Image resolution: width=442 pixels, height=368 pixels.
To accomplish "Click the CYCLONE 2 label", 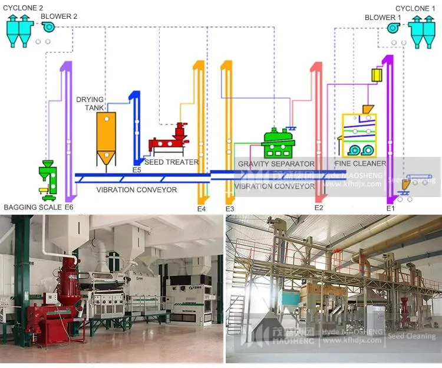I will pyautogui.click(x=23, y=8).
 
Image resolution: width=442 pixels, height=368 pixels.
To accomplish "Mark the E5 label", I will pyautogui.click(x=137, y=170).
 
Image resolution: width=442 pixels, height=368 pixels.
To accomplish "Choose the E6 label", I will pyautogui.click(x=69, y=208).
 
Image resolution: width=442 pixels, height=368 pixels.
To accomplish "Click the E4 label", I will pyautogui.click(x=202, y=209).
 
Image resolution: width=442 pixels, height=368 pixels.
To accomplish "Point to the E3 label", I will pyautogui.click(x=230, y=209).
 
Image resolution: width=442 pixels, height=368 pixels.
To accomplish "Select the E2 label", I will pyautogui.click(x=319, y=208).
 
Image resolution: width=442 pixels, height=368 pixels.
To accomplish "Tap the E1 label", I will pyautogui.click(x=390, y=208).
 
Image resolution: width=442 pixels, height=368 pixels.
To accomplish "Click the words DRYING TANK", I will pyautogui.click(x=90, y=103).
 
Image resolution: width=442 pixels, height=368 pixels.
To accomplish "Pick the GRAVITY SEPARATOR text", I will pyautogui.click(x=276, y=163).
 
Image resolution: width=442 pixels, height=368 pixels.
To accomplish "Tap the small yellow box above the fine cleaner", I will pyautogui.click(x=376, y=75).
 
